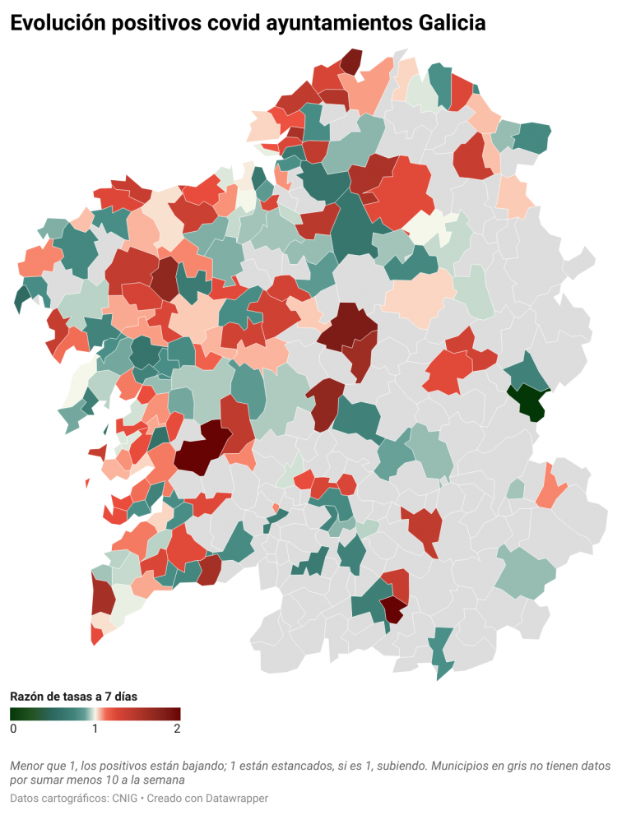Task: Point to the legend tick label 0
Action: (x=13, y=729)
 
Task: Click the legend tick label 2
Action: (x=177, y=729)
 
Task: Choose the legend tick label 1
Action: (x=95, y=729)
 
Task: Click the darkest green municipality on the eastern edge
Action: (x=527, y=401)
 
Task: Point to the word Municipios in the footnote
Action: (x=464, y=765)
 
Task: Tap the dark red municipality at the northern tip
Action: (x=351, y=61)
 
